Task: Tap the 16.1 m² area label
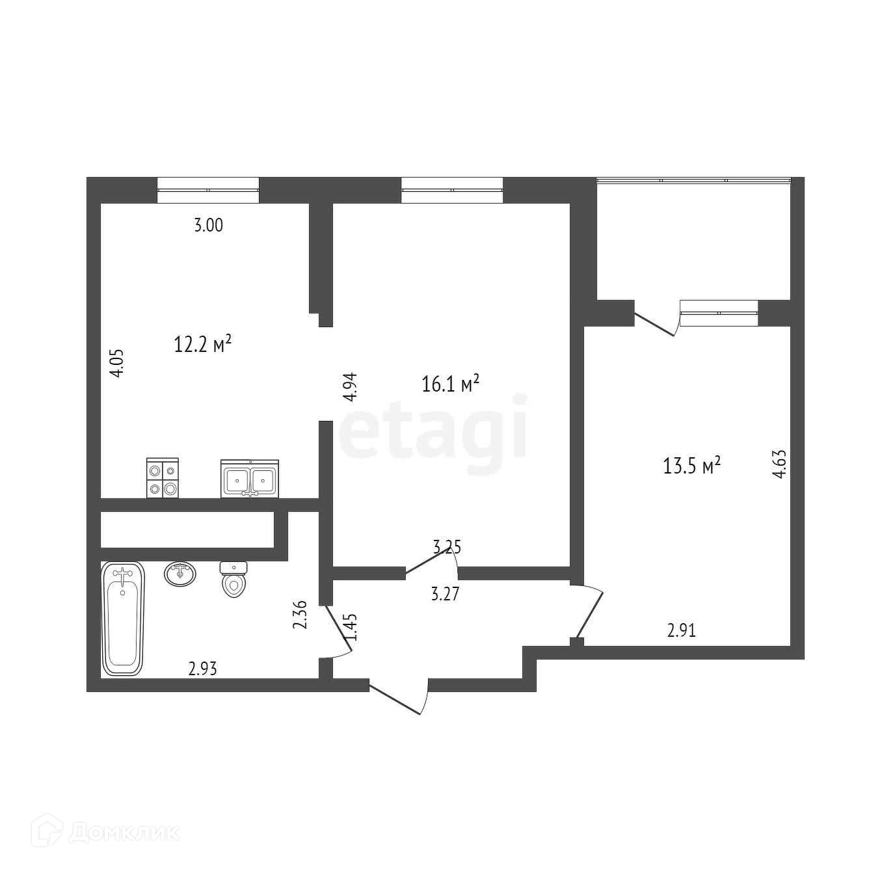coord(451,384)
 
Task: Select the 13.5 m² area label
coord(692,466)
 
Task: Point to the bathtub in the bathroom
coord(122,619)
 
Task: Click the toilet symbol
coord(234,579)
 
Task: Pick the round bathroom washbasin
coord(180,574)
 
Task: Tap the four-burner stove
coord(162,479)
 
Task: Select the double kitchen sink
coord(250,479)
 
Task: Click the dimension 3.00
coord(209,226)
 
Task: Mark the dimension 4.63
coord(779,464)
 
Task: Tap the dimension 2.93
coord(203,668)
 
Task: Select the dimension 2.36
coord(300,615)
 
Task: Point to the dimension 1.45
coord(352,626)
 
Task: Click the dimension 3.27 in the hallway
coord(446,594)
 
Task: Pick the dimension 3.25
coord(447,547)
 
